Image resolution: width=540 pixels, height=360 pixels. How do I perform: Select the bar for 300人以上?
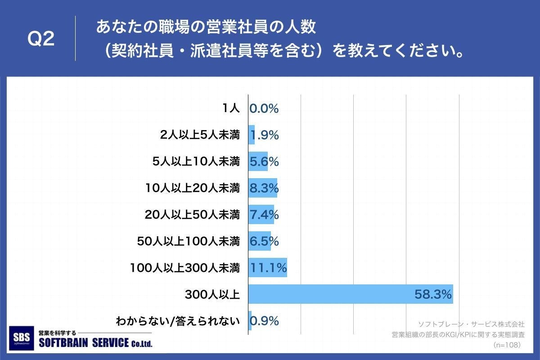[x=350, y=294]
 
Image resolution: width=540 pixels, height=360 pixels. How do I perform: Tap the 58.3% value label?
[x=433, y=295]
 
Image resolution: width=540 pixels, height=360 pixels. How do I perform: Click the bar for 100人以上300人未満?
[x=267, y=268]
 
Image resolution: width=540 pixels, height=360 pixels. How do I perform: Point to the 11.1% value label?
[x=268, y=268]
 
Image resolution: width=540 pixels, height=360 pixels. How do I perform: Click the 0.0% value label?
[x=264, y=108]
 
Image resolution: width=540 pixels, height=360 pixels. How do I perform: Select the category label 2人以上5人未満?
[x=200, y=135]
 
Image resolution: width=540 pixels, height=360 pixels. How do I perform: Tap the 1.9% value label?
[x=264, y=135]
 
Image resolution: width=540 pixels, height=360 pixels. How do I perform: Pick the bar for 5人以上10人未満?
[x=258, y=162]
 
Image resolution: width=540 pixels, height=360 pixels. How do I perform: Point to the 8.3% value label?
[x=264, y=188]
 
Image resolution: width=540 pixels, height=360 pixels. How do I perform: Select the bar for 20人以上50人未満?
[x=261, y=215]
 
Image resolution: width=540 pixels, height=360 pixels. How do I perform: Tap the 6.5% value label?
[x=264, y=242]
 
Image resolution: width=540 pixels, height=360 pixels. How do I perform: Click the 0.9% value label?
[x=265, y=321]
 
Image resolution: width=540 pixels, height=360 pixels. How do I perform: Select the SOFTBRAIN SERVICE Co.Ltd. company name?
[x=96, y=343]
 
